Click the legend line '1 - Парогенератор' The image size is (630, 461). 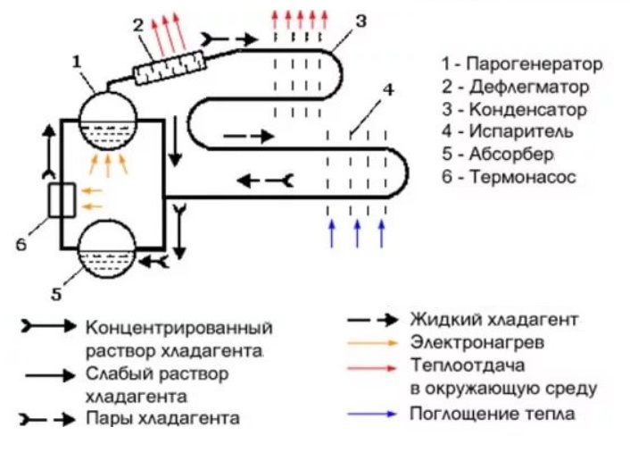click(x=521, y=65)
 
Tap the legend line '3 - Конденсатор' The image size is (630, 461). click(x=515, y=110)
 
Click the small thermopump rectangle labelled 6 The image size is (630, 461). click(x=62, y=200)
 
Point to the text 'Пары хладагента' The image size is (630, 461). click(x=162, y=417)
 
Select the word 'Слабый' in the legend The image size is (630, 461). click(x=114, y=372)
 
